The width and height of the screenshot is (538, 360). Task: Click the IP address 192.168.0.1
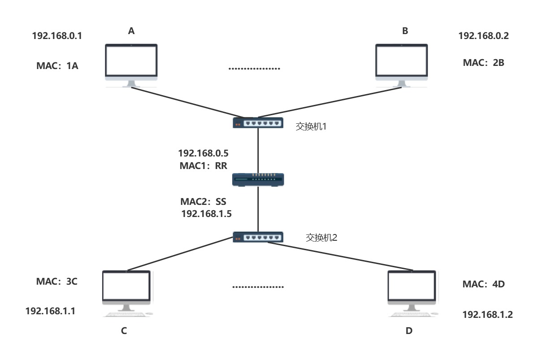pos(57,36)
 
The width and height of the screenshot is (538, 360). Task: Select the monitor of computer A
pos(131,61)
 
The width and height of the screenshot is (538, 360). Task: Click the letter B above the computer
pos(405,31)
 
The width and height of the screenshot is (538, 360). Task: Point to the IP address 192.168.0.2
pos(483,36)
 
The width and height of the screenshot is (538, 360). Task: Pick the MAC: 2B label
pos(484,63)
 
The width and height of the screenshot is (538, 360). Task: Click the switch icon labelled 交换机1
pos(258,122)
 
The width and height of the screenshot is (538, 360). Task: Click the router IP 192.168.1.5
pos(206,214)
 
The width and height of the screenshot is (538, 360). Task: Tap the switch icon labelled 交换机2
pos(258,237)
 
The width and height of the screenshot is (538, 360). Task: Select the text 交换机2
pos(321,238)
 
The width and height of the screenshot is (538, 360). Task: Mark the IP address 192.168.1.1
pos(50,310)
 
